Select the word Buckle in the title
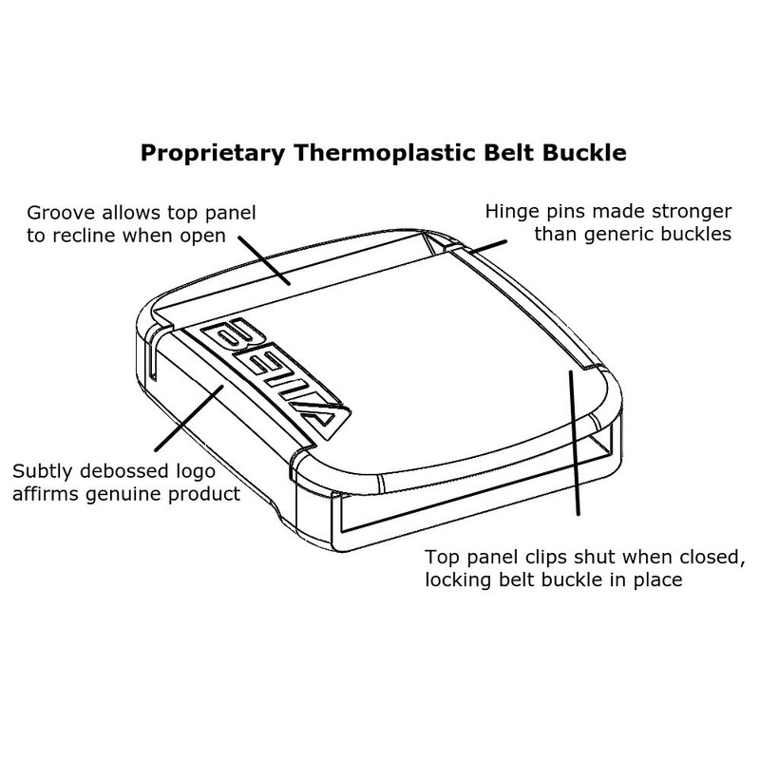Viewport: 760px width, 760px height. click(573, 152)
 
